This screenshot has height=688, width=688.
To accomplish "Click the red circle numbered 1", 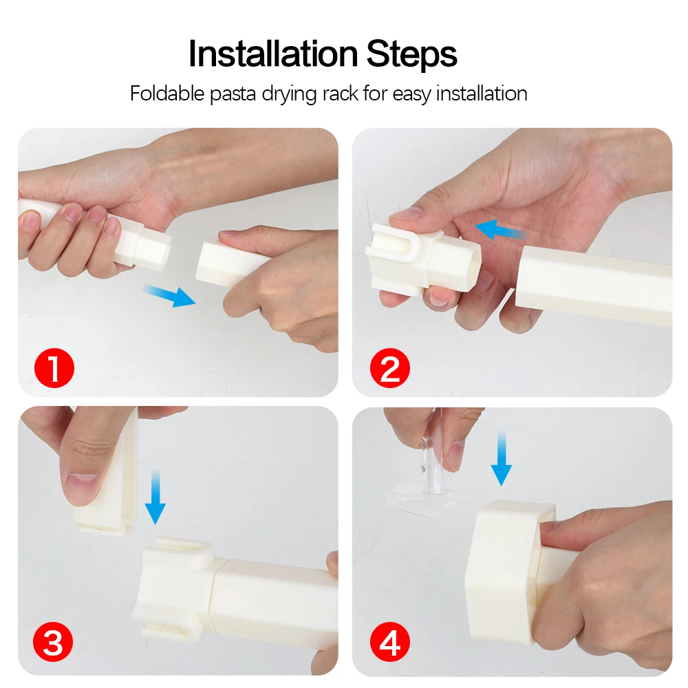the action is pyautogui.click(x=54, y=367).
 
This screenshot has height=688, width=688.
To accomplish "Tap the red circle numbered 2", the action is pyautogui.click(x=389, y=367).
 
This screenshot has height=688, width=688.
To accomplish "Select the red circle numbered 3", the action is pyautogui.click(x=53, y=641).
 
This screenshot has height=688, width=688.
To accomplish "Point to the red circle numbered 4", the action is pyautogui.click(x=389, y=641).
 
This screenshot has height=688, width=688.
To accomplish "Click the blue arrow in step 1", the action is pyautogui.click(x=169, y=295).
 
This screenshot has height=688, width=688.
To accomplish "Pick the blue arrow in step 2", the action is pyautogui.click(x=500, y=229).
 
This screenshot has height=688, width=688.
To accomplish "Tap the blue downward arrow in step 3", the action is pyautogui.click(x=155, y=497).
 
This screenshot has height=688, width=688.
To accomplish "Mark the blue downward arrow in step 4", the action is pyautogui.click(x=502, y=458).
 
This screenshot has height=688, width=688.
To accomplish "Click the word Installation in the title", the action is pyautogui.click(x=273, y=54).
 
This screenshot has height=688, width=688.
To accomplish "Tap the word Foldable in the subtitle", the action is pyautogui.click(x=167, y=94).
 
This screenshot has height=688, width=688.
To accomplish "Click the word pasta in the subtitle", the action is pyautogui.click(x=233, y=95).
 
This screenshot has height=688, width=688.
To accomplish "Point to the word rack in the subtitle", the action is pyautogui.click(x=340, y=94).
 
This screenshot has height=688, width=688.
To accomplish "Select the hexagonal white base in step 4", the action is pyautogui.click(x=509, y=572).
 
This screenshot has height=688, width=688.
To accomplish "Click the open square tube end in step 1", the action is pyautogui.click(x=153, y=248).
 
